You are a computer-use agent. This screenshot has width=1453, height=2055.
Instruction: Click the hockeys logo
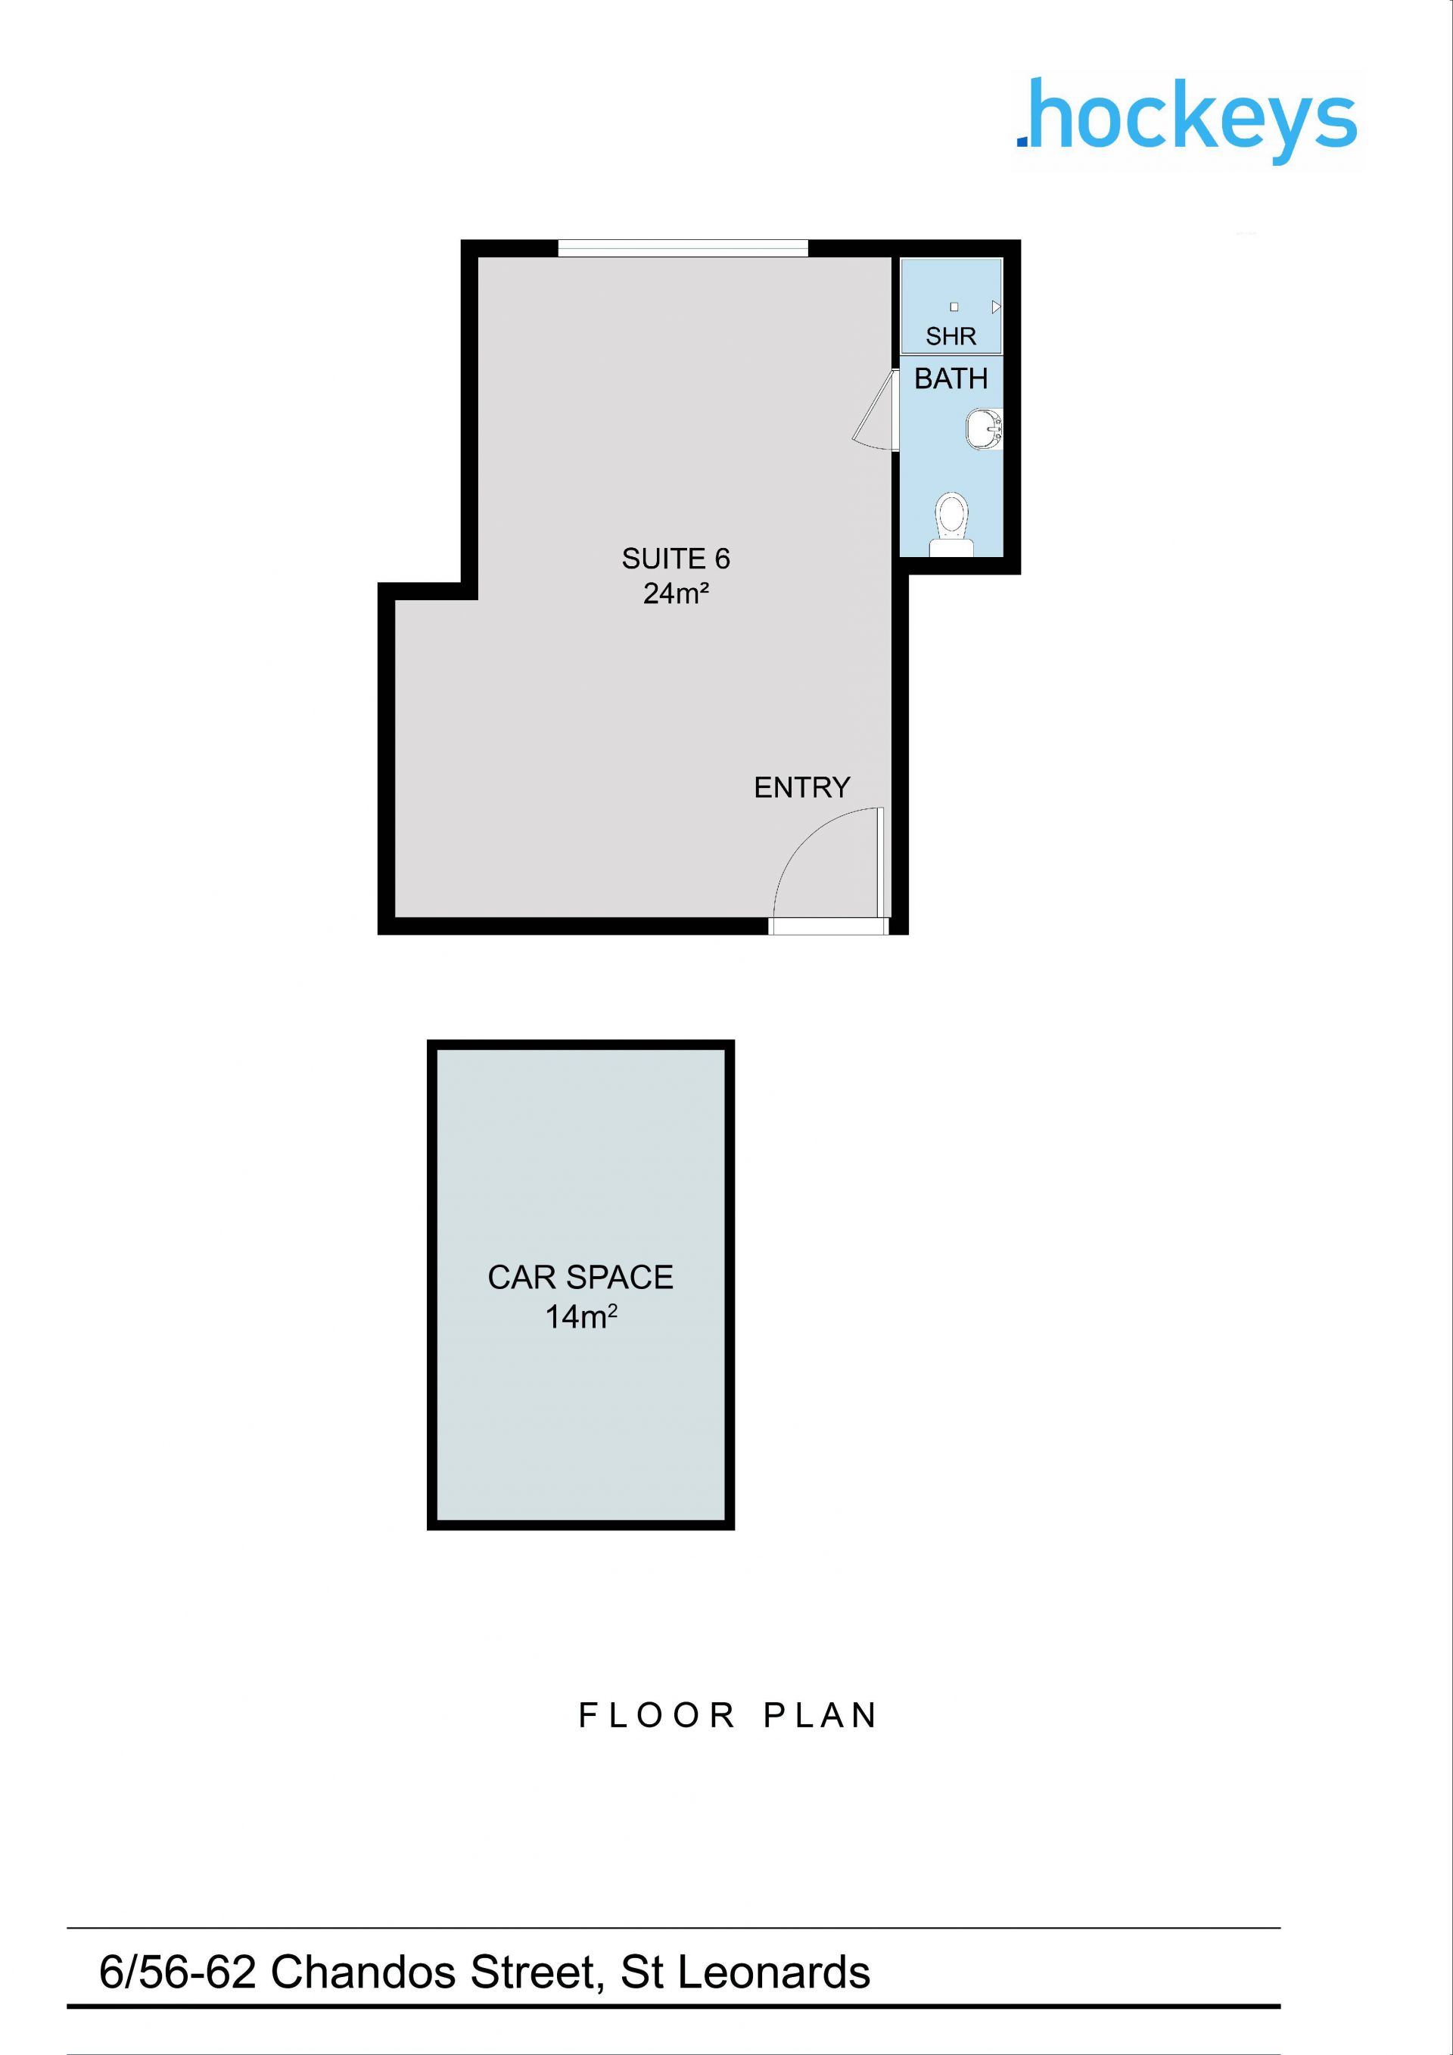coord(1187,122)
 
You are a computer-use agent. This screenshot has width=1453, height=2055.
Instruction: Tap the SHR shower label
coord(951,337)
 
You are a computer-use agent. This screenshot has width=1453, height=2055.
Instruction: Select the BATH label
coord(951,378)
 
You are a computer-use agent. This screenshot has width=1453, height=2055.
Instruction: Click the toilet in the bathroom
coord(951,525)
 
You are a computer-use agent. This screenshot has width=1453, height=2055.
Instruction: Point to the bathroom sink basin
coord(984,428)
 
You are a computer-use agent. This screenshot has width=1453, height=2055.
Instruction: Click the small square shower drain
coord(954,306)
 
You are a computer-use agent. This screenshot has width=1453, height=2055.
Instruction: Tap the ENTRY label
coord(801,788)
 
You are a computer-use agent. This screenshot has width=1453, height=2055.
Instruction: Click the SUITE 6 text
coord(676,559)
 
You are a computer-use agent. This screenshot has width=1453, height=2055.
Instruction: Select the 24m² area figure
coord(676,593)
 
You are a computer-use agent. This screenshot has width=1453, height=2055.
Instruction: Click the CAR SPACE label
coord(580,1277)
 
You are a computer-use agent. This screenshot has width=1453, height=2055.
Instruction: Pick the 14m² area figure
coord(581,1316)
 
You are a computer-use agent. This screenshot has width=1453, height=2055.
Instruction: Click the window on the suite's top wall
coord(683,248)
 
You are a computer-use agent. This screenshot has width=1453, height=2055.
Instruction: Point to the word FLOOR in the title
coord(657,1716)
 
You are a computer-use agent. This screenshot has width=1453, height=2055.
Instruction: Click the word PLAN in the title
coord(820,1716)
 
